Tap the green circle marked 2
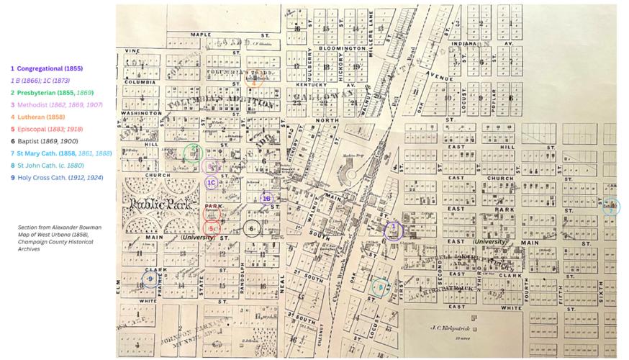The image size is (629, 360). [x=192, y=152]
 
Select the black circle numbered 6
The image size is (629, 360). [x=251, y=229]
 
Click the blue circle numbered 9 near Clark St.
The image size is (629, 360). [x=150, y=279]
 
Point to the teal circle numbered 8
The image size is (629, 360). [x=379, y=287]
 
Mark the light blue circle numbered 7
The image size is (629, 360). [x=610, y=207]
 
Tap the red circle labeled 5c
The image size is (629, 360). [x=212, y=228]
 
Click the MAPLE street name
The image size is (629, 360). [x=201, y=34]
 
